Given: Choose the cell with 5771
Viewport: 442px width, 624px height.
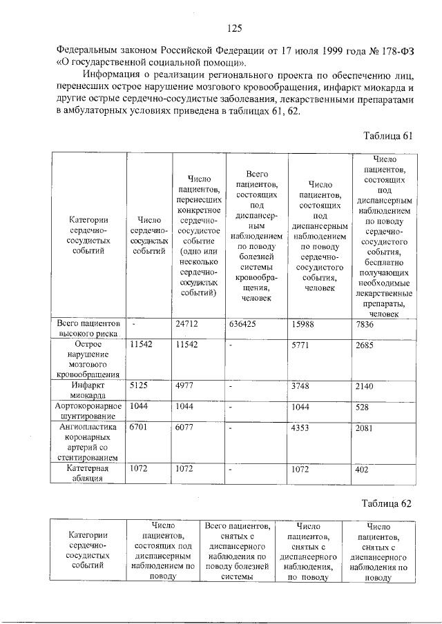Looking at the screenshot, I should click(302, 345).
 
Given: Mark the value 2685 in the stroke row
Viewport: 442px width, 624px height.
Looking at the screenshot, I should click(365, 345).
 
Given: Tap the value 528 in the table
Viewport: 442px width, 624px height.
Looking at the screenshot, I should click(363, 406).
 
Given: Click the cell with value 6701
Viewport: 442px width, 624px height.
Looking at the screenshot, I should click(140, 427).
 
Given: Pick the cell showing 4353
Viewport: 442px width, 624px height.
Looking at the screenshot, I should click(302, 427).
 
